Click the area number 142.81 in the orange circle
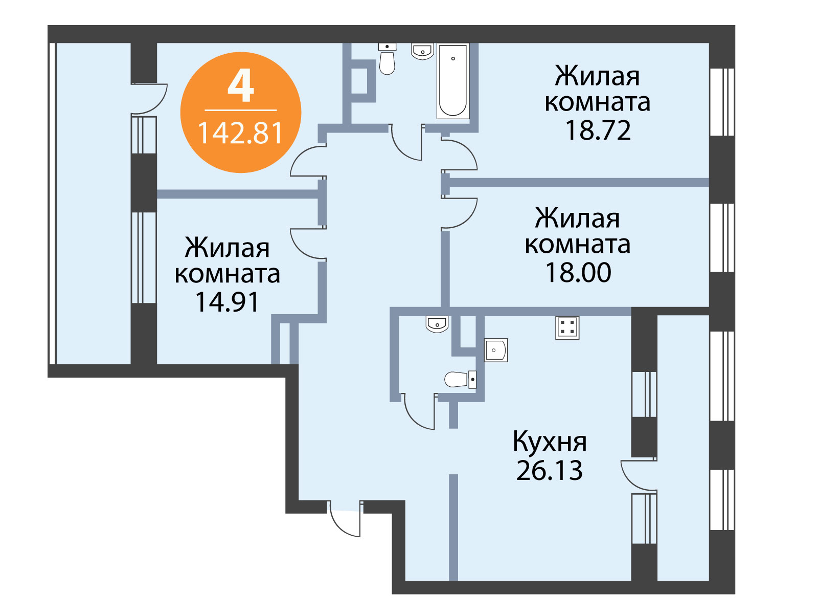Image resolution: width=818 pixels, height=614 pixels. click(x=240, y=133)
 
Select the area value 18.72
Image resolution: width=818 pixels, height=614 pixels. click(x=598, y=130)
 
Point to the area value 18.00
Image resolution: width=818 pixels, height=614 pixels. click(x=578, y=272)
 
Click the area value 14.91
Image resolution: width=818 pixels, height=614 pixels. click(x=227, y=301)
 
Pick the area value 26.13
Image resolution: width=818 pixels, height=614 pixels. click(x=549, y=470)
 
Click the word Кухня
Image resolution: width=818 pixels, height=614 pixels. click(x=550, y=442)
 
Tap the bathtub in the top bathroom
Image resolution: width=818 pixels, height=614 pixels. click(x=453, y=81)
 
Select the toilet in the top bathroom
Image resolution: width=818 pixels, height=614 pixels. click(x=387, y=59)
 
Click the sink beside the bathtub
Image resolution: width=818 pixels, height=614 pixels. click(x=423, y=52)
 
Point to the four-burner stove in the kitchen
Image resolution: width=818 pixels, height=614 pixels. click(x=567, y=328)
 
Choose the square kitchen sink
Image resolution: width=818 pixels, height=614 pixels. click(x=496, y=350)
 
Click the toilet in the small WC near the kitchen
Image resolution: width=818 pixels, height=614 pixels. click(x=460, y=380)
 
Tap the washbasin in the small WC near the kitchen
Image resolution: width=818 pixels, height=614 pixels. click(x=437, y=324)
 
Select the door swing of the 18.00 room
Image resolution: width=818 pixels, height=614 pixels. click(x=459, y=213)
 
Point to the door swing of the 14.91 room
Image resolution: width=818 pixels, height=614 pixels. click(x=308, y=243)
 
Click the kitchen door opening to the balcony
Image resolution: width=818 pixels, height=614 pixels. click(x=639, y=475)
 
